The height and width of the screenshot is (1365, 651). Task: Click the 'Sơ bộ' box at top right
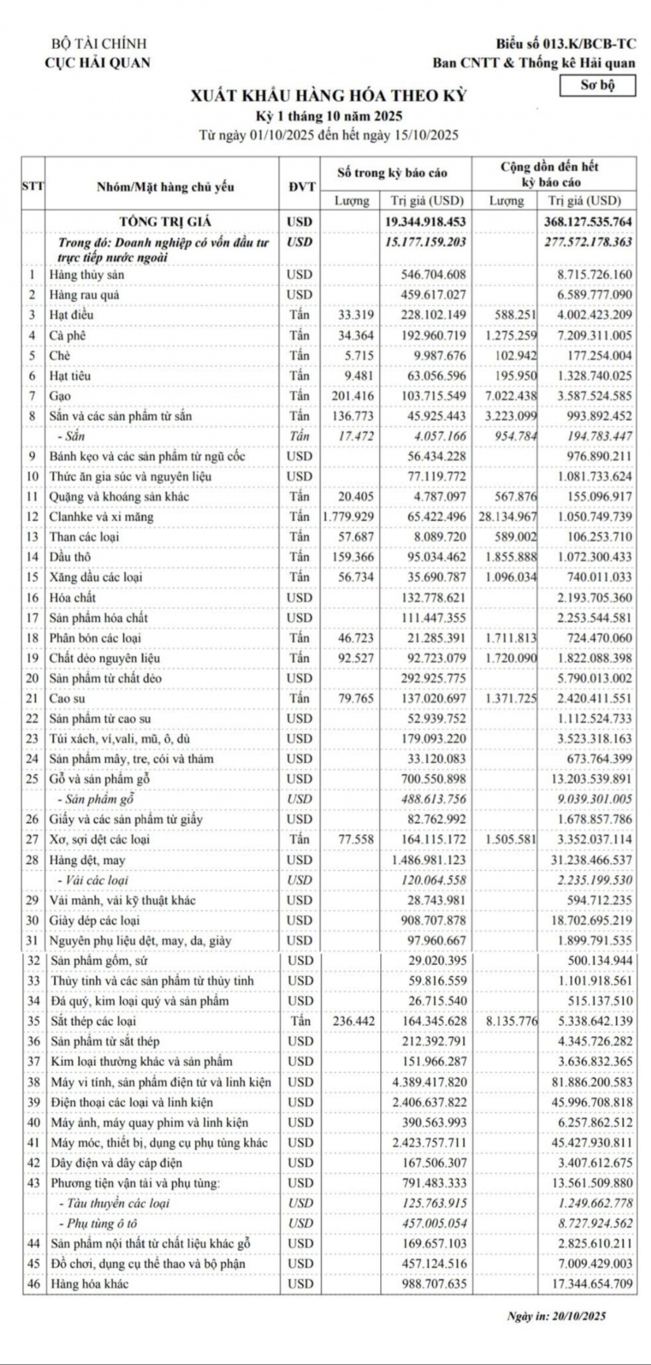point(597,85)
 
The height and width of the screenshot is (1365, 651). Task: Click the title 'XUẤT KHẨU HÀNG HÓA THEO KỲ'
point(329,96)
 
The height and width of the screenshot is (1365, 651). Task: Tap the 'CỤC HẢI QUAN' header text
point(97,63)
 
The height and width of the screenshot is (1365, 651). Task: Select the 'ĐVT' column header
point(301,187)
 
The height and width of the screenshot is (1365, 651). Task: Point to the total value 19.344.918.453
point(425,222)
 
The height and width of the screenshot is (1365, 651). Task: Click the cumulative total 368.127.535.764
point(587,222)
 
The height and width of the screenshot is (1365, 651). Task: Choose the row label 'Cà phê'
point(67,335)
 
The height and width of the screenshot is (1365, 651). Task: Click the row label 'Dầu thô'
point(70,557)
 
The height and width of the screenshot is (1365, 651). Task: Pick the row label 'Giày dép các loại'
point(95,920)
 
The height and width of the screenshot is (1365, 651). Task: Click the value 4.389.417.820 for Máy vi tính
point(429,1082)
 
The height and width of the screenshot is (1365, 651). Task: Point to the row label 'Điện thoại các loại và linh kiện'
point(132,1102)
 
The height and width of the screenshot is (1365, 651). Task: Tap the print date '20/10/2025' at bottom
point(579,1316)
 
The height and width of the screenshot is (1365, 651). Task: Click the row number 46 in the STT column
point(34,1284)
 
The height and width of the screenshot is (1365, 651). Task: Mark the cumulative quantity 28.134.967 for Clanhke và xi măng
point(507,516)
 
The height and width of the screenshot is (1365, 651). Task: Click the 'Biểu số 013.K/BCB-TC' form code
point(565,44)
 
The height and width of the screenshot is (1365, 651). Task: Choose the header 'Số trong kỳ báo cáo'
point(392,173)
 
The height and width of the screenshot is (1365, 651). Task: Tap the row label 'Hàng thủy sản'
point(86,274)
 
